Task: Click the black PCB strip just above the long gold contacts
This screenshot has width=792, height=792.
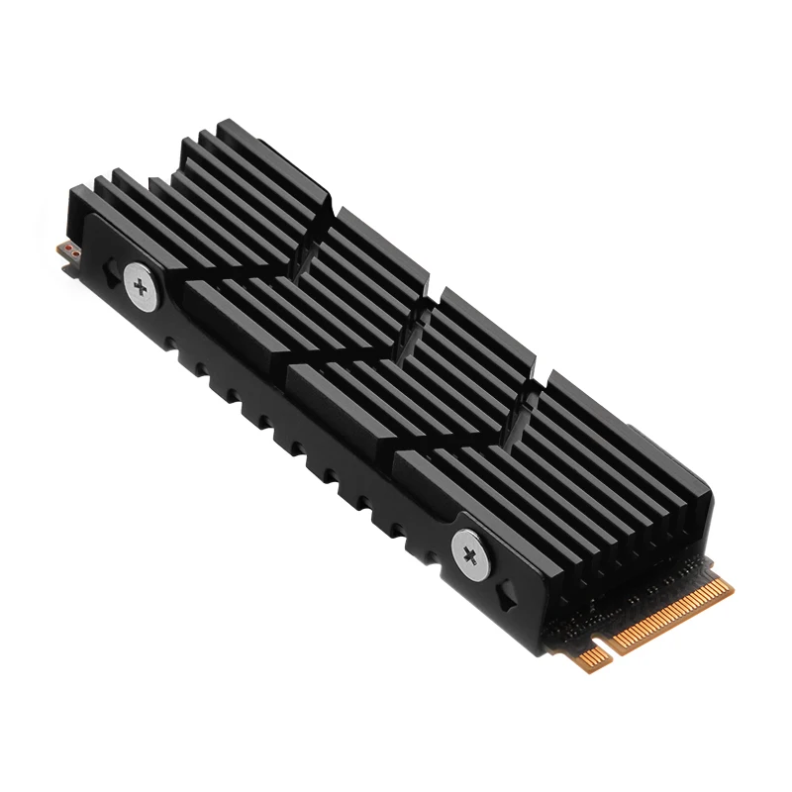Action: click(x=653, y=594)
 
